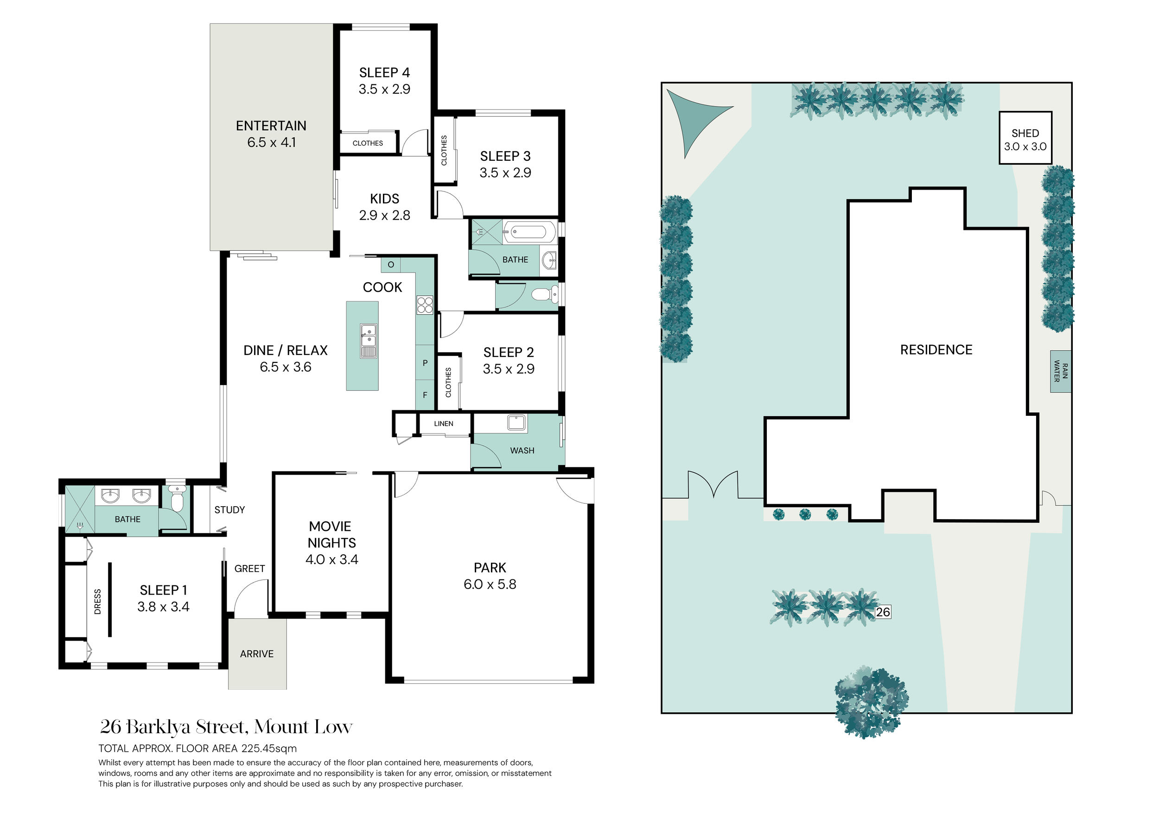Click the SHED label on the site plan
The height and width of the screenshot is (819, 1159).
pos(1025,133)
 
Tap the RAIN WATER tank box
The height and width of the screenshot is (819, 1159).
pos(1061,371)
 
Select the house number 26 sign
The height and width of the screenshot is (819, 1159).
pos(883,612)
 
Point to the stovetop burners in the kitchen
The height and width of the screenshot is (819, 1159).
pos(425,305)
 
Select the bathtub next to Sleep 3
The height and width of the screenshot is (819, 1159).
pos(529,232)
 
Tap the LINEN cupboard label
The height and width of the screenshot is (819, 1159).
pos(444,423)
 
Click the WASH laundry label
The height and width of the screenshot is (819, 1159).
pos(522,451)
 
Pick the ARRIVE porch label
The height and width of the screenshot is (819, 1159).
pos(257,654)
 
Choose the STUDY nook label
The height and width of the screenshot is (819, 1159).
pos(229,510)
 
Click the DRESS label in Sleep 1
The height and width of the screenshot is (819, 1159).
pos(98,602)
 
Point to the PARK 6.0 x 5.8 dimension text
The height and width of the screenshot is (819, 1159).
pos(490,584)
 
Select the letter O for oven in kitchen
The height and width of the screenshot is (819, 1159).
pos(391,264)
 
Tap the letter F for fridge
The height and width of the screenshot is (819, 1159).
pos(425,395)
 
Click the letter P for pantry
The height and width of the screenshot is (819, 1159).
pos(425,363)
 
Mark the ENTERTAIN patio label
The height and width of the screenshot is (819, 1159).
pos(271,126)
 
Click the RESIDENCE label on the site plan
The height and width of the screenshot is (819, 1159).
pos(936,349)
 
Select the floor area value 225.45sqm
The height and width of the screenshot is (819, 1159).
pos(269,749)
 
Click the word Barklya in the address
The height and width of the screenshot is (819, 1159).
pos(158,727)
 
